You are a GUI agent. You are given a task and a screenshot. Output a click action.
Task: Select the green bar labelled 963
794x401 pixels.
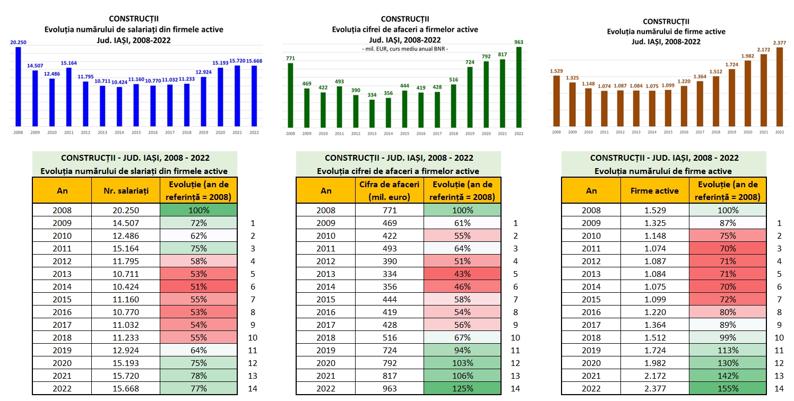[x=519, y=88]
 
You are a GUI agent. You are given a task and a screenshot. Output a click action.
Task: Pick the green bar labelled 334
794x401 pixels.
[x=372, y=114]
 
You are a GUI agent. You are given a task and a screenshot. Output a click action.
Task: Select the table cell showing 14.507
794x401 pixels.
[x=126, y=223]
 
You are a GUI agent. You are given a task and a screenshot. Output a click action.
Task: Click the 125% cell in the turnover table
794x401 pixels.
[x=462, y=389]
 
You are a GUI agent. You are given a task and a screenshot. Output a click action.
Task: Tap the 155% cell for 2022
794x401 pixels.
[x=728, y=389]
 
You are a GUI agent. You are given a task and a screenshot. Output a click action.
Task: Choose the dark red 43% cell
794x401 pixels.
[x=462, y=274]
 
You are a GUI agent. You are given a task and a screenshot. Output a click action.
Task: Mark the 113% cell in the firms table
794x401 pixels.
[x=728, y=351]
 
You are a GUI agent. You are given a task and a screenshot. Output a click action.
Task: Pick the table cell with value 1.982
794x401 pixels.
[x=655, y=363]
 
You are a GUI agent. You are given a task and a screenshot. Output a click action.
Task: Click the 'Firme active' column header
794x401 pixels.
[x=655, y=190]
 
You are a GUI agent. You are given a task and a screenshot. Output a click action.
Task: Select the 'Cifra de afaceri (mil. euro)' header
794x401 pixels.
[x=390, y=190]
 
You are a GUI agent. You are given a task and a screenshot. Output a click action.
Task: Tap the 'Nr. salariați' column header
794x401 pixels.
[x=126, y=190]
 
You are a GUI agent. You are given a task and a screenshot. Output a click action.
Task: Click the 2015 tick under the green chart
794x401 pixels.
[x=404, y=133]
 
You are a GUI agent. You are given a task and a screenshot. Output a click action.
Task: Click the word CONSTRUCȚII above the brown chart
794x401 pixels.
[x=666, y=22]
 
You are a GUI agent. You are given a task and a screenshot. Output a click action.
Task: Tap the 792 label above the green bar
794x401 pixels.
[x=486, y=56]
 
